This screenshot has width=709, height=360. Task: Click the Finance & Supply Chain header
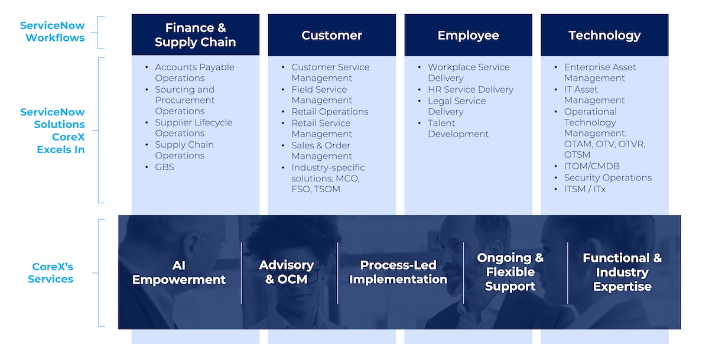(195, 35)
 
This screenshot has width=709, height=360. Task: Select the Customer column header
(331, 35)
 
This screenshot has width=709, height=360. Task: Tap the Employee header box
(468, 35)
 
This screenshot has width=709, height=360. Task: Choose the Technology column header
(604, 35)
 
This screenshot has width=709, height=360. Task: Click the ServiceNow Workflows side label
(52, 32)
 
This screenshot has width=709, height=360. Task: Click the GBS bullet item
(164, 167)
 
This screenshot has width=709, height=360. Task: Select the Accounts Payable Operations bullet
(194, 73)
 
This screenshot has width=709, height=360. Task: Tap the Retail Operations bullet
(330, 112)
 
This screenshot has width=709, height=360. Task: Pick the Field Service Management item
(321, 95)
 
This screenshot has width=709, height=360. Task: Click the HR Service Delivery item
(470, 90)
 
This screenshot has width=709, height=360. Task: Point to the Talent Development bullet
(458, 128)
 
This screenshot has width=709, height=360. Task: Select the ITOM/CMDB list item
(591, 166)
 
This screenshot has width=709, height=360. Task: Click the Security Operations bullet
(607, 177)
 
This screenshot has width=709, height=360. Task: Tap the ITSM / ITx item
(584, 189)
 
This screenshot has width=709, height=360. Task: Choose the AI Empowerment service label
(179, 273)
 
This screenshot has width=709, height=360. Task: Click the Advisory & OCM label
(286, 272)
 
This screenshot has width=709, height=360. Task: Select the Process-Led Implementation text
(398, 272)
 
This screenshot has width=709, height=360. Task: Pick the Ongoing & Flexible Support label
(510, 272)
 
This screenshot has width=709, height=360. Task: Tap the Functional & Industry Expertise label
(622, 272)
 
